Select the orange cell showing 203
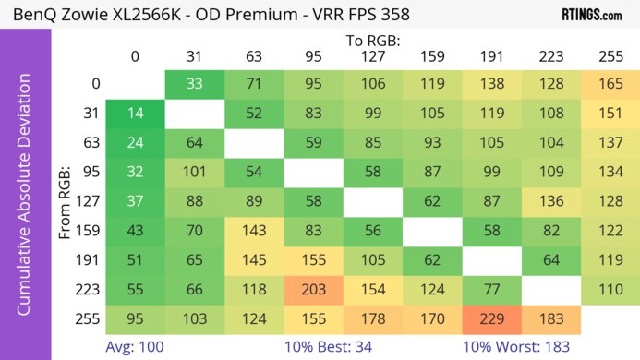point(312,289)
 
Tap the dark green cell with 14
point(135,114)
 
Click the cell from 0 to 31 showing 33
point(194,84)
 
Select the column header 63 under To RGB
point(253,56)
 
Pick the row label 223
point(89,289)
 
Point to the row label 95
point(89,172)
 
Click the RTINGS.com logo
point(591,15)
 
